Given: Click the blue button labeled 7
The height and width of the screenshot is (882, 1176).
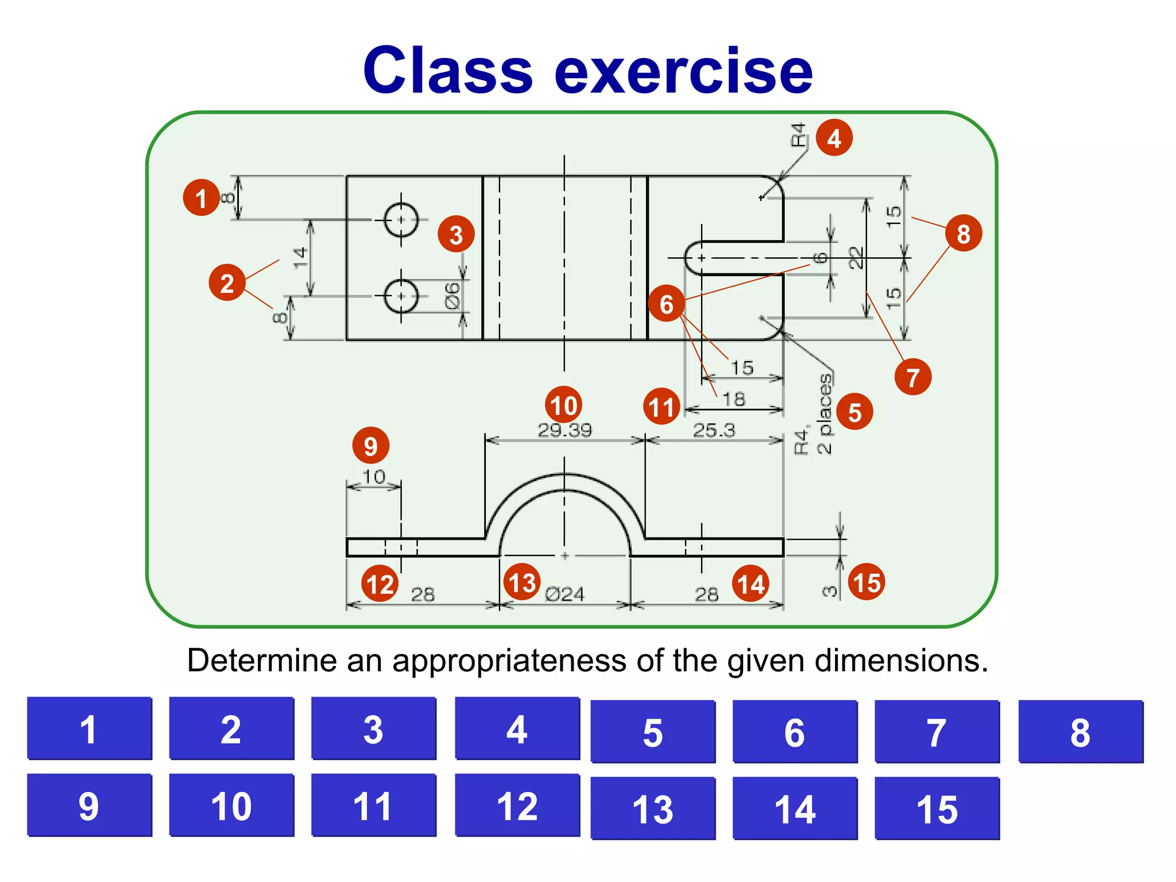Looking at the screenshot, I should click(937, 732).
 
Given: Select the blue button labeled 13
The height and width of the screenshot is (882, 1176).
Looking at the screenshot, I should click(653, 808).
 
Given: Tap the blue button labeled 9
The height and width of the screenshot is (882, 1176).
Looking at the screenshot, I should click(89, 805).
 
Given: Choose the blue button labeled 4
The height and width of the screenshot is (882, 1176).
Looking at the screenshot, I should click(517, 729).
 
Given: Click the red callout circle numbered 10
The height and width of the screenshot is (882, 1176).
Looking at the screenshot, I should click(563, 405).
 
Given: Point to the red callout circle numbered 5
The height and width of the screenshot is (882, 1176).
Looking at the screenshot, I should click(854, 412).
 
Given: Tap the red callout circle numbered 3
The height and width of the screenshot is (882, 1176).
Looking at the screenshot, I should click(456, 234).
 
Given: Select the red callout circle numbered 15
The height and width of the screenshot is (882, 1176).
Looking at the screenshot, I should click(866, 582).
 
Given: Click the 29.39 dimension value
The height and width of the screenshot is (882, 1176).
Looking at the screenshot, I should click(564, 430).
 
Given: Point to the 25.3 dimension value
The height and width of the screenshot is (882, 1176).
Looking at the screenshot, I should click(714, 430).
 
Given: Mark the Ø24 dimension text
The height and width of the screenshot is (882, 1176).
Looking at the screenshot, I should click(564, 594).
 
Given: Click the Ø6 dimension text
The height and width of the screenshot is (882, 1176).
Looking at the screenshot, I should click(453, 295).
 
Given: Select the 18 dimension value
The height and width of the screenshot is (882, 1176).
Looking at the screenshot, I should click(733, 399).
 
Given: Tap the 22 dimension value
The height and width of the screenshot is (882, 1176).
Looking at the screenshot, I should click(856, 257).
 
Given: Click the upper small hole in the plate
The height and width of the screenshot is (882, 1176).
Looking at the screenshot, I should click(401, 219).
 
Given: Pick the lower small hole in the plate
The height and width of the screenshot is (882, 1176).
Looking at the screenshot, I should click(401, 296).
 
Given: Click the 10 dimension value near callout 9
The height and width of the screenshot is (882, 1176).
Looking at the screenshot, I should click(374, 476).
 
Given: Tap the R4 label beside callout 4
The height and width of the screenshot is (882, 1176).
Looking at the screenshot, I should click(798, 135).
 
